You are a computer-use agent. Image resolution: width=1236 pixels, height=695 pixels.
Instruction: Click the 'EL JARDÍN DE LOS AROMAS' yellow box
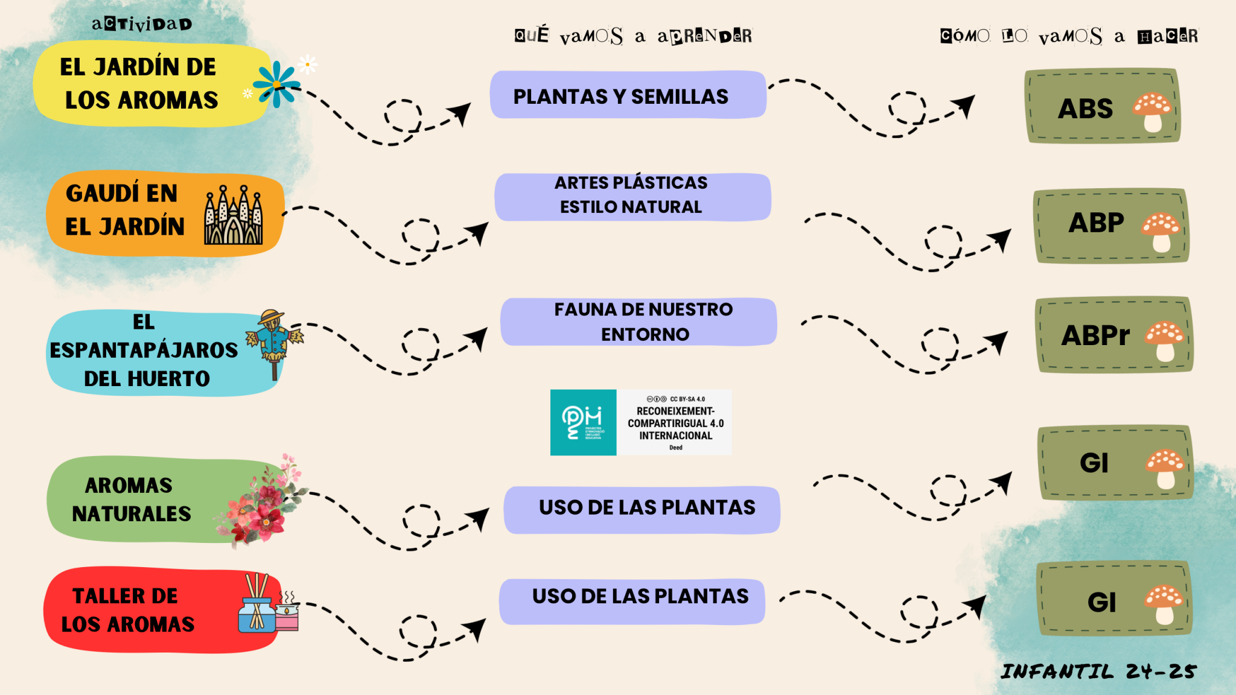coord(139,83)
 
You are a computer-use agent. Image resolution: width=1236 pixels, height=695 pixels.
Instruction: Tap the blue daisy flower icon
coord(276,84)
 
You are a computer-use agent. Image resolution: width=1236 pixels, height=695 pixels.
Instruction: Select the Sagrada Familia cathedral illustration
coord(234,215)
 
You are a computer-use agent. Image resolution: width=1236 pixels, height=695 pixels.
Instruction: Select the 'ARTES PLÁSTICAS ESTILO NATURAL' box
coord(632,195)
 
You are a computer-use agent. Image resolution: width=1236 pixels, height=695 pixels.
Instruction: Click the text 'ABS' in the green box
coord(1085,109)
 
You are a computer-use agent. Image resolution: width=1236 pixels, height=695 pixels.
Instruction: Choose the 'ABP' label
coord(1096,223)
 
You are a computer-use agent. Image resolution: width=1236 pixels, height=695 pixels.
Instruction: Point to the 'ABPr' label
coord(1095,335)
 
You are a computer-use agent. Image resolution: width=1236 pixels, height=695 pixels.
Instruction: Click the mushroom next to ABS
coord(1152,111)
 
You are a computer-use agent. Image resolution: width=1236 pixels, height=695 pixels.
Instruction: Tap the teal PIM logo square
coord(583,422)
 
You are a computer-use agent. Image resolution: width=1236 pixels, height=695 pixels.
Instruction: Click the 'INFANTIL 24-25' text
coord(1098,671)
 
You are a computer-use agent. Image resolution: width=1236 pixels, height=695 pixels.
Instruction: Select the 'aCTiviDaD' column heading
coord(142,24)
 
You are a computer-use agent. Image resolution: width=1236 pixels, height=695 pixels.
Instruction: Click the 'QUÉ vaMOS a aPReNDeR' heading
coord(633,36)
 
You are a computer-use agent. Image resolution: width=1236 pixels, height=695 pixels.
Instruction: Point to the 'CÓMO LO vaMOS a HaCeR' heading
coord(1069,36)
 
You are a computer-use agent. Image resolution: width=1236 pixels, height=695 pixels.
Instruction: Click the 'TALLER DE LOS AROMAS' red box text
coord(127,610)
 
